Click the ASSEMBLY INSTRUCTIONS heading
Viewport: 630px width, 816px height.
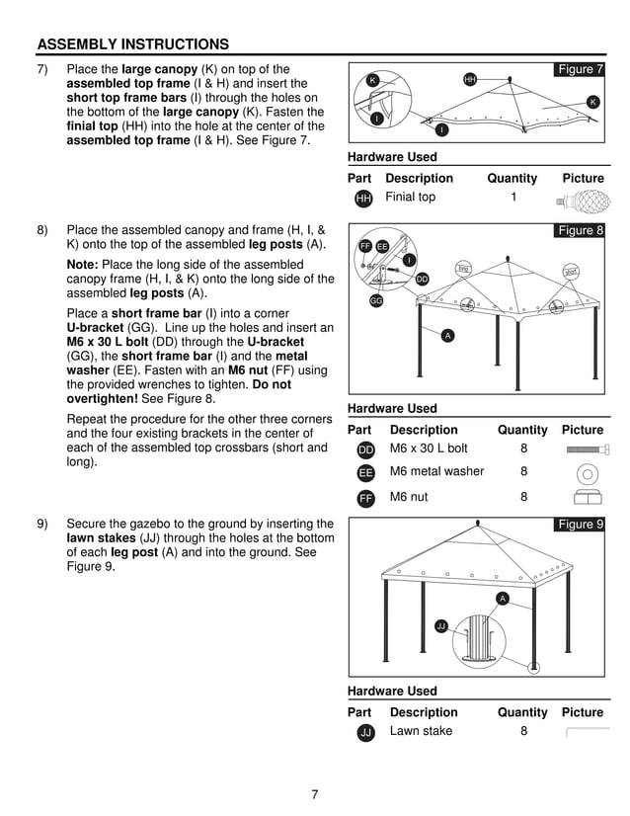tap(132, 44)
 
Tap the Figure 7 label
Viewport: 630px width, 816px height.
tap(580, 69)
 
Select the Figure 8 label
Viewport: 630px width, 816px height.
tap(580, 230)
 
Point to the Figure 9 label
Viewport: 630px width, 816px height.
tap(580, 524)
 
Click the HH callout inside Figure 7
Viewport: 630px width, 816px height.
tap(470, 78)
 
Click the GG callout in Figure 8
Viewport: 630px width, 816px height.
tap(376, 300)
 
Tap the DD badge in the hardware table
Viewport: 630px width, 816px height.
tap(365, 449)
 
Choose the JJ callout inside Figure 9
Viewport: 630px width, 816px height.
tap(441, 625)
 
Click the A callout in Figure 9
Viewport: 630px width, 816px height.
tap(502, 599)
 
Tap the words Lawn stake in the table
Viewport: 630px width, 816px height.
tap(421, 731)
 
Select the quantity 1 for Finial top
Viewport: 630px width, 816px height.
tap(513, 197)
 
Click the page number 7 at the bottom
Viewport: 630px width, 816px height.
tap(314, 794)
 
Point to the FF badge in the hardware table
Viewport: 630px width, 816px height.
tap(365, 498)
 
